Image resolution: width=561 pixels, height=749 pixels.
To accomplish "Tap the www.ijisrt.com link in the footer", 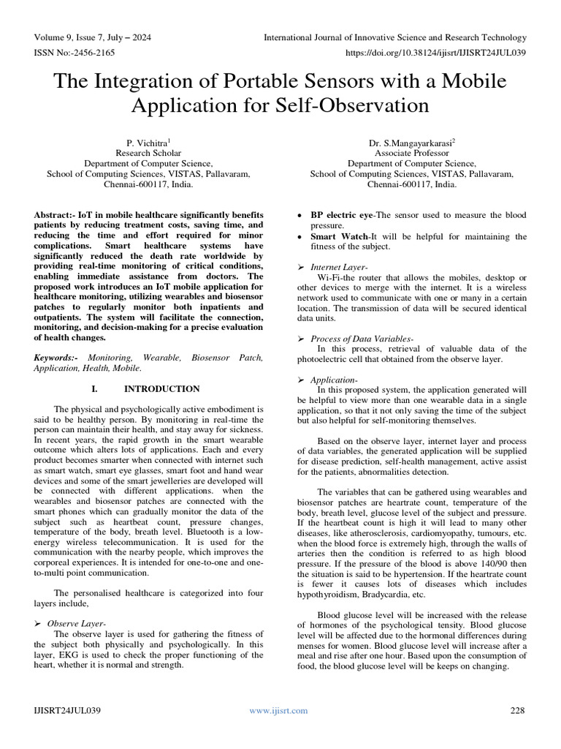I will coord(278,710).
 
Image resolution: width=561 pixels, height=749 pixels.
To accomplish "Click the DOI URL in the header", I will coord(435,53).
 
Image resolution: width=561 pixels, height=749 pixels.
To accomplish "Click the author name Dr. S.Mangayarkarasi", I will coord(412,143).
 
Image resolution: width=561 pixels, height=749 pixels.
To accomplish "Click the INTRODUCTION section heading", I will coord(161,388).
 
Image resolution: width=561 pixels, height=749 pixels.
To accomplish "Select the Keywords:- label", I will coord(57,358).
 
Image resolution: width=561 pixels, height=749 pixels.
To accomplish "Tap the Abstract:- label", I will coord(56,215).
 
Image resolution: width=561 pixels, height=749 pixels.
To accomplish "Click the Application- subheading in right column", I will coord(334,380).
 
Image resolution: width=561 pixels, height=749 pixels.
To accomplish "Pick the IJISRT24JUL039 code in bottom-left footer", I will coord(67,710).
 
